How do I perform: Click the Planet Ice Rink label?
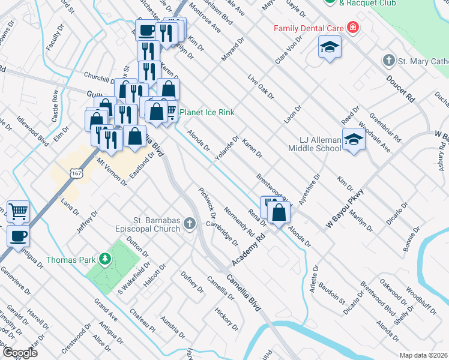click(x=206, y=112)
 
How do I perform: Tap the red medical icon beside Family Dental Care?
click(x=352, y=28)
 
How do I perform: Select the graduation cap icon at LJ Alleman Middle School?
click(x=354, y=140)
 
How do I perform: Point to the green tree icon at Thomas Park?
click(x=106, y=259)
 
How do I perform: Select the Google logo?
click(x=19, y=353)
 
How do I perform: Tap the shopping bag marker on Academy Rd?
click(x=280, y=212)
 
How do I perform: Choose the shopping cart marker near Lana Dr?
click(x=19, y=211)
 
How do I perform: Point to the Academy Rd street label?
click(x=249, y=251)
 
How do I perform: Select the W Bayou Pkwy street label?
click(x=346, y=208)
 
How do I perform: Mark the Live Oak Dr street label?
click(x=261, y=87)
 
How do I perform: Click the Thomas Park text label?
click(x=70, y=260)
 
